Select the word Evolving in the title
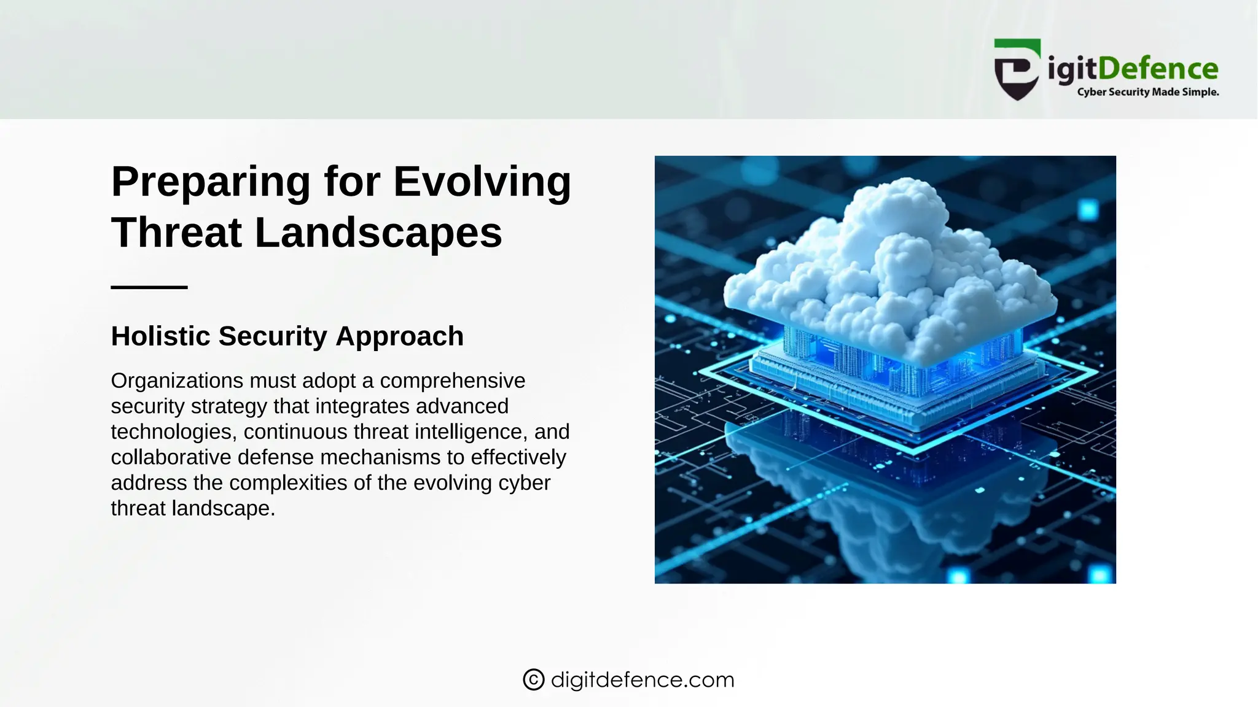pos(482,182)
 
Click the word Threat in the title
pos(177,233)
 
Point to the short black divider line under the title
pos(149,287)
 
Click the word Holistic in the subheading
pos(161,336)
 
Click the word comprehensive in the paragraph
pos(452,381)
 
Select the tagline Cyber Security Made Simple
pos(1147,92)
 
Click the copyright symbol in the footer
pos(533,680)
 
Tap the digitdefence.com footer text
pos(643,680)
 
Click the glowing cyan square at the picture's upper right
pos(1088,210)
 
